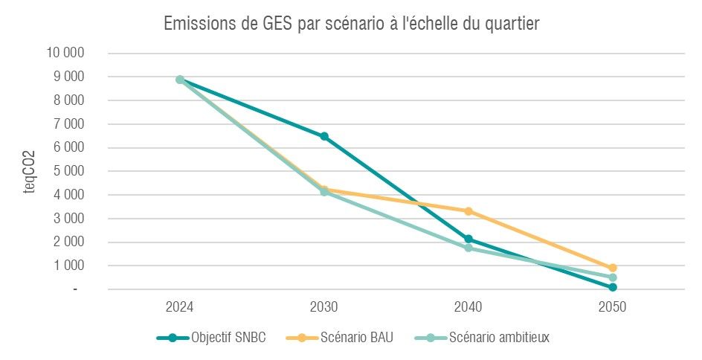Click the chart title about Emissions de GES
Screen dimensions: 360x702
point(351,25)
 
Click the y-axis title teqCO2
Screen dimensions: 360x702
point(30,171)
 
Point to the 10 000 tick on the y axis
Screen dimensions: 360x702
point(65,53)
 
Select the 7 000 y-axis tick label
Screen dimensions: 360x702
point(68,123)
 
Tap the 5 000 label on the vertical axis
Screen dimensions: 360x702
point(68,171)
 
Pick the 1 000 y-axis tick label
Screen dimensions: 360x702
point(68,266)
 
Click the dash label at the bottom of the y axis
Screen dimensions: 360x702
point(75,289)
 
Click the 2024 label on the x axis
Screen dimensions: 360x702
point(180,306)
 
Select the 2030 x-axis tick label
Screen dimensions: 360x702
point(324,306)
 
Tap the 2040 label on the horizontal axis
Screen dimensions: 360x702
point(468,306)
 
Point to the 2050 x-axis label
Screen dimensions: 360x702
point(613,306)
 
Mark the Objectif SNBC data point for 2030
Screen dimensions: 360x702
point(324,136)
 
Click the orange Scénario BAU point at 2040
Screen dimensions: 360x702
point(468,211)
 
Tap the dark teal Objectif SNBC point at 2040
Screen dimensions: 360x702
point(468,239)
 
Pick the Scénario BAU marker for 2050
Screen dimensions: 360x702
point(613,268)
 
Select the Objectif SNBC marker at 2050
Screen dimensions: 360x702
point(613,287)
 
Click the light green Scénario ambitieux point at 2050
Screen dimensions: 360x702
point(613,277)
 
